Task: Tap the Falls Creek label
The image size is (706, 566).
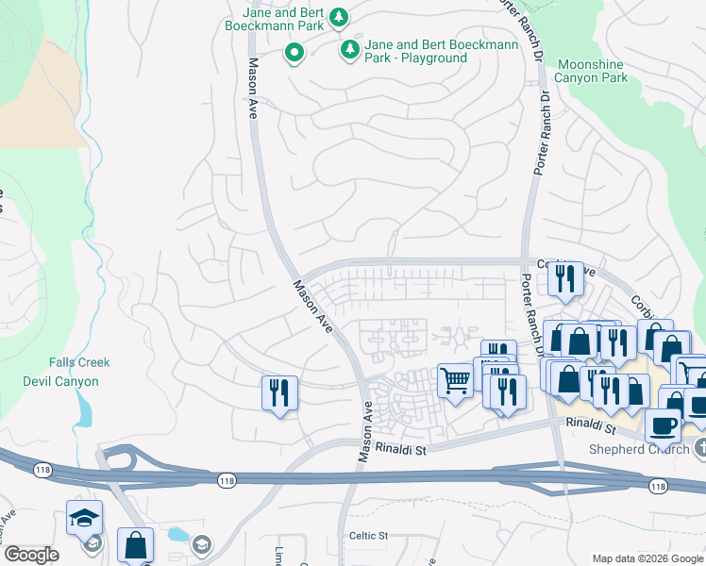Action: (x=79, y=362)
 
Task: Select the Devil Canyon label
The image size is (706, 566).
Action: (x=60, y=381)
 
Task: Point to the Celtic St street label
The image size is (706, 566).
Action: (x=369, y=536)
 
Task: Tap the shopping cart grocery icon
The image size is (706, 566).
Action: (x=455, y=381)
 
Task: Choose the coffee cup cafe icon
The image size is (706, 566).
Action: (x=663, y=424)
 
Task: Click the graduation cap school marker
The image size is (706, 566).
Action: (x=84, y=517)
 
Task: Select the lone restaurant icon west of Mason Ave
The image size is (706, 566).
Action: (x=279, y=391)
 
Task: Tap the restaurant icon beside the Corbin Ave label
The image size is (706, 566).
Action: (x=564, y=278)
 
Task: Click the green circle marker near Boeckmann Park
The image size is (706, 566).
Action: (x=294, y=55)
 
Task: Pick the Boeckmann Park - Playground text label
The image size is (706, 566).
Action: (x=416, y=51)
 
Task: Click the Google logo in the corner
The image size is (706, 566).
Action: (x=31, y=555)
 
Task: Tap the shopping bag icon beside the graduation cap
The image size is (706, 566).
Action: (x=135, y=544)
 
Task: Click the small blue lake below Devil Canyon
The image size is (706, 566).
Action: (x=86, y=408)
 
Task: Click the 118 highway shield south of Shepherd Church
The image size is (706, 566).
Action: (x=657, y=485)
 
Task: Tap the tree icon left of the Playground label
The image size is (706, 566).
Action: (x=350, y=46)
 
